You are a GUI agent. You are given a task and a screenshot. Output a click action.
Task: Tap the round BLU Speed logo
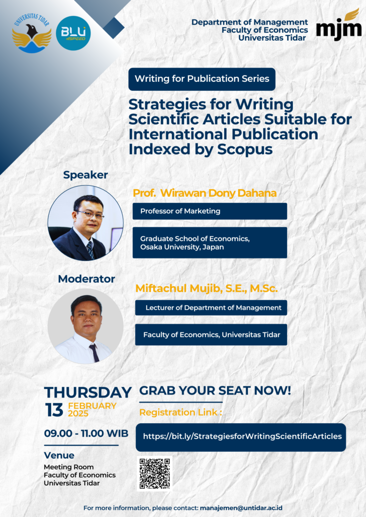73,33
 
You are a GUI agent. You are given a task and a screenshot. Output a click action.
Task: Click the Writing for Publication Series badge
202,79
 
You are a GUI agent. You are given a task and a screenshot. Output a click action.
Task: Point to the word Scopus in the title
245,149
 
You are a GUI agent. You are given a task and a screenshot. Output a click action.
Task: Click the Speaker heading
85,175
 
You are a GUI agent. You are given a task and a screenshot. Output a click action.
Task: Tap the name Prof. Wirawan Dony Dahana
205,193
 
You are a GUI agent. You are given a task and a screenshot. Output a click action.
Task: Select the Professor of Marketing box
210,211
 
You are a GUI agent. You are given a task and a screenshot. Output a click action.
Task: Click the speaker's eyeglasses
90,214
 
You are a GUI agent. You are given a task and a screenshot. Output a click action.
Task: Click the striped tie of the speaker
90,249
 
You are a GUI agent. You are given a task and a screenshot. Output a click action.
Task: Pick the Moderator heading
86,279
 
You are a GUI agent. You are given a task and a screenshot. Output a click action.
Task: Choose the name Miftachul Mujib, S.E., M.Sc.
207,288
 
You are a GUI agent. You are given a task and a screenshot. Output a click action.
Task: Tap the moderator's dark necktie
94,352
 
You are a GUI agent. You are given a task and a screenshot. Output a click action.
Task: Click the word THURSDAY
88,393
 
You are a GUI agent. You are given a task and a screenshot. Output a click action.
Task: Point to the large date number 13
54,410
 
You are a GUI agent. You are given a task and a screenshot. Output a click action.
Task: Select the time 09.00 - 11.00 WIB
86,433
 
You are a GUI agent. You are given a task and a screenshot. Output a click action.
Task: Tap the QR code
154,473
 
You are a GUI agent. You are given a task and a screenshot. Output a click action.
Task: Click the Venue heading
59,455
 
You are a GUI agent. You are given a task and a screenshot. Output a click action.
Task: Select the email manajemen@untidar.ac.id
241,508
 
